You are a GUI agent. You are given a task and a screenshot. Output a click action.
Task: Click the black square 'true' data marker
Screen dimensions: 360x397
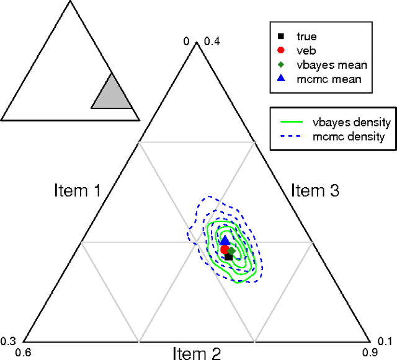pyautogui.click(x=228, y=257)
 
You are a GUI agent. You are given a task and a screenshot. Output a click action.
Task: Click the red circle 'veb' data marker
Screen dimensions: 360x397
pyautogui.click(x=225, y=249)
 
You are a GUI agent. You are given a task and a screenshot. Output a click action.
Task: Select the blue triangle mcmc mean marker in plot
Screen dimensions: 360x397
pyautogui.click(x=225, y=240)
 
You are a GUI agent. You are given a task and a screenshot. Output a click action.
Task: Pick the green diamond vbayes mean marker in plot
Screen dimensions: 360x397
pyautogui.click(x=231, y=250)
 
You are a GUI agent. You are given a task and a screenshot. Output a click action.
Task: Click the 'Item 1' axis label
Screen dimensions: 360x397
pyautogui.click(x=78, y=190)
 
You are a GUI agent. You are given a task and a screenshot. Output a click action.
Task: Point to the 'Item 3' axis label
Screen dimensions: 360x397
pyautogui.click(x=314, y=190)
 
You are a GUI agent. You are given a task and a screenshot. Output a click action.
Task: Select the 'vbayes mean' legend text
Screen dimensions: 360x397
pyautogui.click(x=323, y=64)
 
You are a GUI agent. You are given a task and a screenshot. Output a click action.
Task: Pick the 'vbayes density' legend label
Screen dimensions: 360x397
pyautogui.click(x=352, y=121)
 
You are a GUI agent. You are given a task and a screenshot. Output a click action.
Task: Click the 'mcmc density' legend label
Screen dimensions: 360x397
pyautogui.click(x=350, y=136)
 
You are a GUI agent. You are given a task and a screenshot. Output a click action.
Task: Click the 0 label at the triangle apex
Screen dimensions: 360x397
pyautogui.click(x=185, y=42)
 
